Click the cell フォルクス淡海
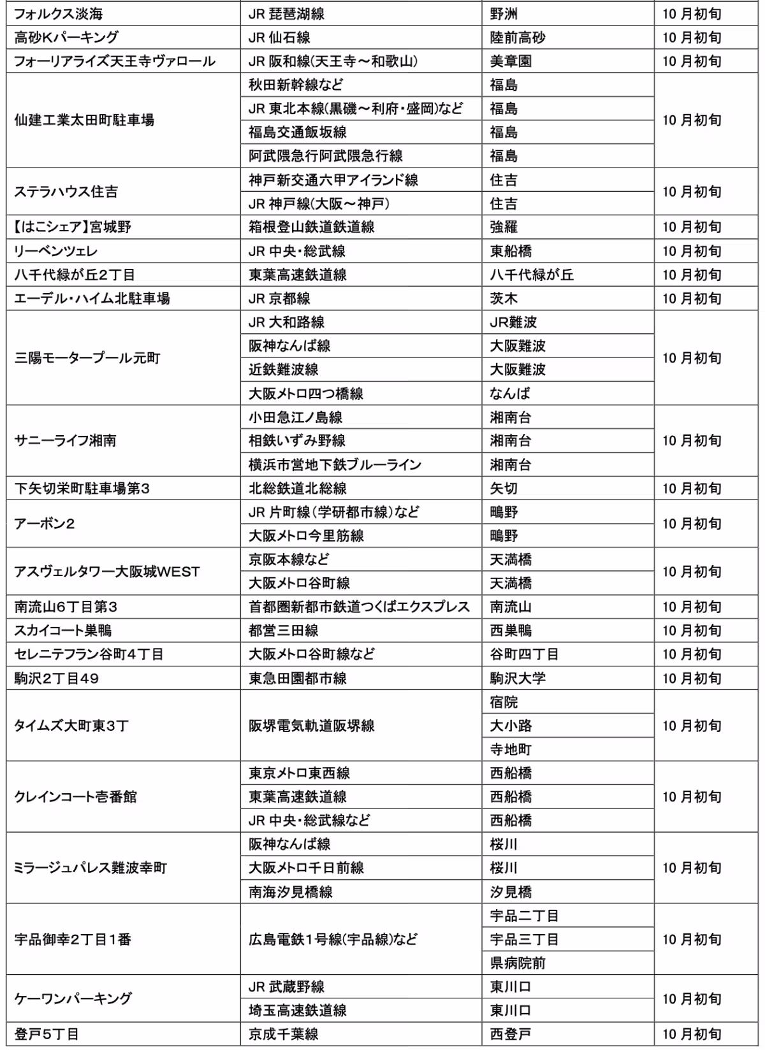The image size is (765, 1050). click(x=59, y=14)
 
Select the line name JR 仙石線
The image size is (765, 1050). click(x=279, y=38)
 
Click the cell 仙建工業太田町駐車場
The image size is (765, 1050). click(x=84, y=120)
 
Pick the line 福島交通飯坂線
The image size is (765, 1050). click(x=298, y=133)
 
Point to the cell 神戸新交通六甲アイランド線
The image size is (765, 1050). click(x=333, y=180)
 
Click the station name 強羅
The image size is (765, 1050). click(x=504, y=227)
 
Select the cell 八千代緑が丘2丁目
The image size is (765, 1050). click(x=75, y=275)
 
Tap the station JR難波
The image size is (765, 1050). click(x=513, y=322)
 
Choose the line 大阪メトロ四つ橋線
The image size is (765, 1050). click(x=306, y=394)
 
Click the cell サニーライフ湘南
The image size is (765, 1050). click(x=65, y=441)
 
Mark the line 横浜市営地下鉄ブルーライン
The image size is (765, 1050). click(x=335, y=465)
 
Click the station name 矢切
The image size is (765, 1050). click(x=504, y=489)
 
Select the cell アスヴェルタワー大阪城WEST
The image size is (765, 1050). click(x=107, y=572)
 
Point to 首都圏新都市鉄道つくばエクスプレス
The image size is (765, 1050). click(x=359, y=607)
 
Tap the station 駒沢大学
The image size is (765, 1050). click(x=518, y=679)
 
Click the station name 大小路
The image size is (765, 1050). click(x=511, y=726)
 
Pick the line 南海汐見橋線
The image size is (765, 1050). click(x=291, y=892)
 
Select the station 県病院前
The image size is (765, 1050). click(x=518, y=963)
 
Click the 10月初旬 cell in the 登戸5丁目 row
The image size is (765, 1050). click(x=692, y=1034)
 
